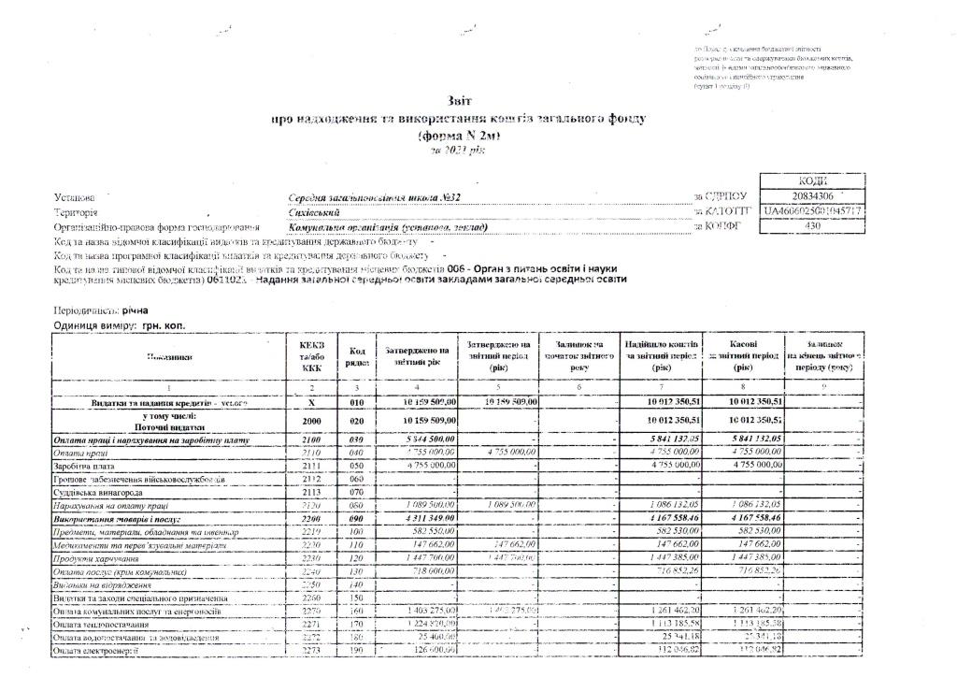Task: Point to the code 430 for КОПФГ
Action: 812,225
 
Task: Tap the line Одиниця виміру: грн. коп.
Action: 120,325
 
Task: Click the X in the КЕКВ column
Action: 311,401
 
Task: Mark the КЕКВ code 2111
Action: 311,464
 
